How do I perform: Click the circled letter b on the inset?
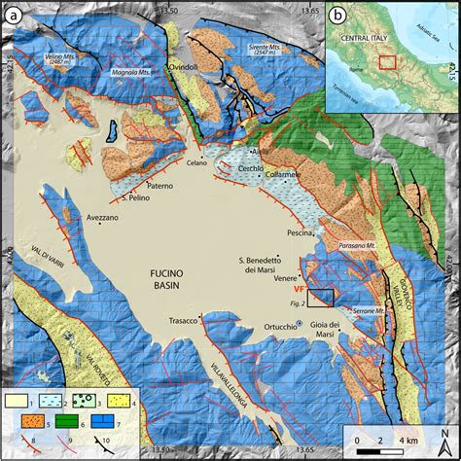pyautogui.click(x=337, y=16)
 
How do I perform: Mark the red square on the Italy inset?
pyautogui.click(x=387, y=61)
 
